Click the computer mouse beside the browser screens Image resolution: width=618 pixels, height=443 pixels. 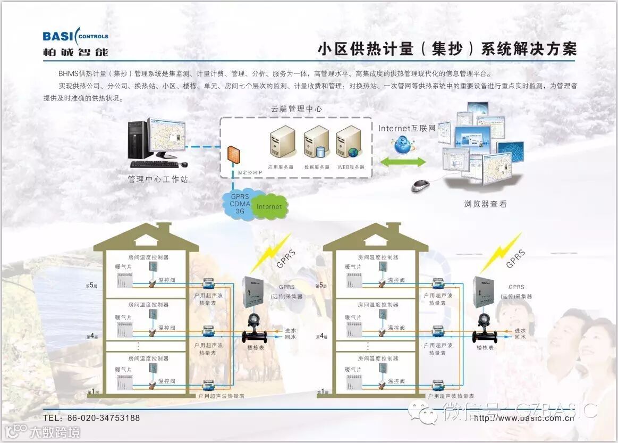click(x=421, y=186)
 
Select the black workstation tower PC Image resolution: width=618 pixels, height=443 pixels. click(x=137, y=139)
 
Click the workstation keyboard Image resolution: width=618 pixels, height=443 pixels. click(x=154, y=164)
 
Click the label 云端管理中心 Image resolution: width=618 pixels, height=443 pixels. click(x=297, y=108)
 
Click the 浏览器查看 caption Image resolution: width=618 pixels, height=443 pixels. click(x=485, y=204)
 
